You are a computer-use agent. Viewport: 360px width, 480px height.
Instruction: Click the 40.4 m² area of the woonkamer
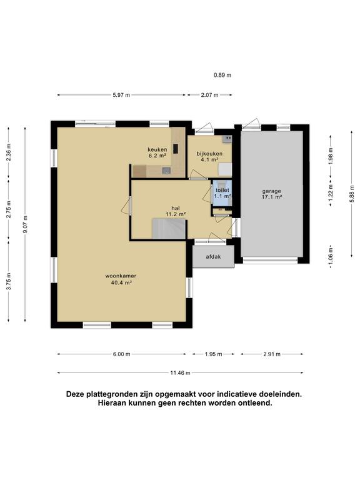pyautogui.click(x=121, y=283)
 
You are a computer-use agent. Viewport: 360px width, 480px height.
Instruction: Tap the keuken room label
pyautogui.click(x=157, y=150)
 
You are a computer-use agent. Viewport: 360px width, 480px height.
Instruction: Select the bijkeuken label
pyautogui.click(x=209, y=154)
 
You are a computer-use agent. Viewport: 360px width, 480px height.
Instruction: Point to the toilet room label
pyautogui.click(x=222, y=191)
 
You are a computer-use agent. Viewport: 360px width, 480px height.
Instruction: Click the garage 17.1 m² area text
pyautogui.click(x=271, y=197)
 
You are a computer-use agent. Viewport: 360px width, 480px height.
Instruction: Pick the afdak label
pyautogui.click(x=213, y=257)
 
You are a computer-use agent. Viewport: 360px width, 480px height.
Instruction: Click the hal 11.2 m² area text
pyautogui.click(x=176, y=214)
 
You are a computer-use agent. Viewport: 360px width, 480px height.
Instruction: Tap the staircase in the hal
pyautogui.click(x=169, y=228)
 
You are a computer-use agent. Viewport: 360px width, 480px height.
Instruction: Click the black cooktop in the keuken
pyautogui.click(x=176, y=149)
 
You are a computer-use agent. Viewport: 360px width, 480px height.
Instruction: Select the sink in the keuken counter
pyautogui.click(x=166, y=171)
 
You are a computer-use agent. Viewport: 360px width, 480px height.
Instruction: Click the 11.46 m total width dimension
pyautogui.click(x=180, y=373)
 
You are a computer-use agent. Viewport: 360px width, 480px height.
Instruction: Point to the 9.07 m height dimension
pyautogui.click(x=26, y=224)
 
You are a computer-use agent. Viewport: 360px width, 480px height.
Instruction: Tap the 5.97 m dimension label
pyautogui.click(x=121, y=95)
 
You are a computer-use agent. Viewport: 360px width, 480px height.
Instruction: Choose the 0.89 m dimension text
pyautogui.click(x=222, y=75)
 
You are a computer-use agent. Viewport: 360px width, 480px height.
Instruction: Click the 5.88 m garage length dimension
pyautogui.click(x=352, y=194)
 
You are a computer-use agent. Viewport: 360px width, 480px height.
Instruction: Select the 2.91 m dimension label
pyautogui.click(x=272, y=354)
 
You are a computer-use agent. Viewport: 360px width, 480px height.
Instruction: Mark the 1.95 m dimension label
pyautogui.click(x=213, y=354)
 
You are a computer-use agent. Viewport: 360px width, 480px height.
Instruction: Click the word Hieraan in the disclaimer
pyautogui.click(x=110, y=403)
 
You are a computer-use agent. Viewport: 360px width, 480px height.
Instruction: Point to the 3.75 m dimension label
pyautogui.click(x=9, y=281)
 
